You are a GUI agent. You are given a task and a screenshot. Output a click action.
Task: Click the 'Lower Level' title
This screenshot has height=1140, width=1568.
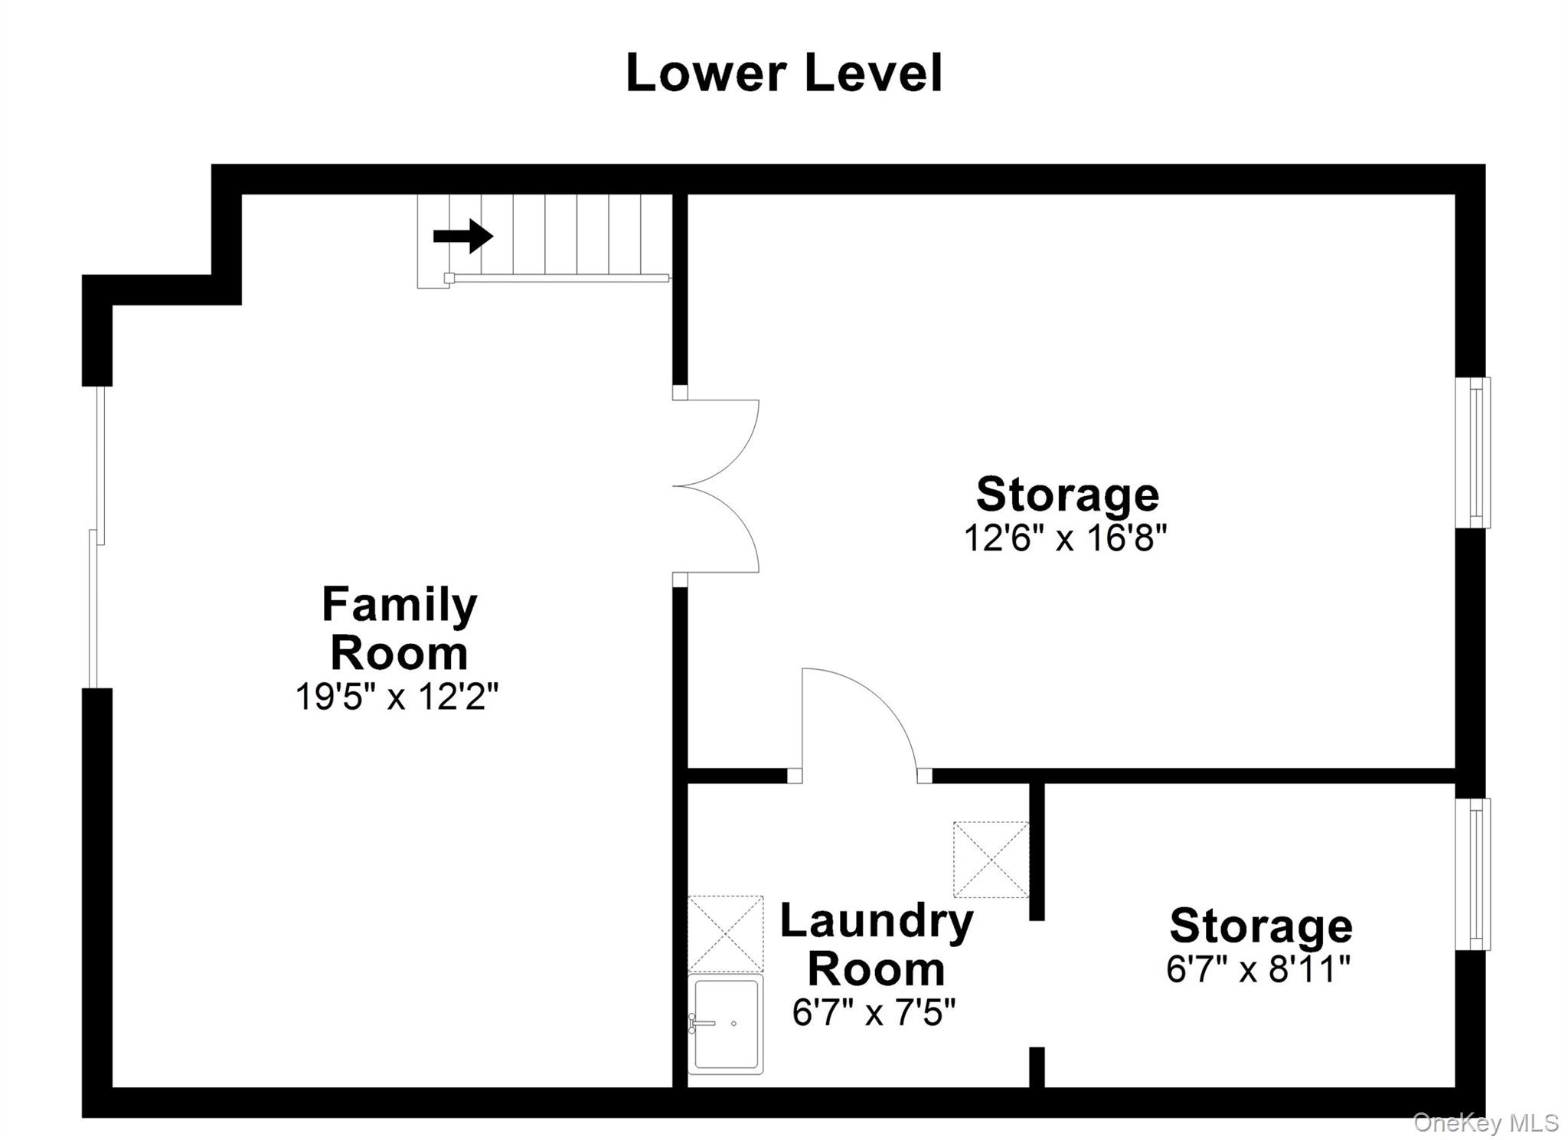coord(784,73)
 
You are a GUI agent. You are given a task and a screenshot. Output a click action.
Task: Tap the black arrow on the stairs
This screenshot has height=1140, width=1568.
coord(463,236)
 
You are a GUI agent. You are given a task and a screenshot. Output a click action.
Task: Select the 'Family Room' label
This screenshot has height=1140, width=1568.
coord(399,628)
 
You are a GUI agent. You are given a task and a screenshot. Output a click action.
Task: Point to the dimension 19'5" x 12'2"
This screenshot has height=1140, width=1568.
coord(397,697)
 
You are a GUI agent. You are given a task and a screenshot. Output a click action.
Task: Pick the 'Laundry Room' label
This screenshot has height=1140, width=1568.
coord(877,945)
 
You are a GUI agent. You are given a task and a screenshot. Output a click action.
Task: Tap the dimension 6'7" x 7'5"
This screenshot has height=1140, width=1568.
coord(874,1013)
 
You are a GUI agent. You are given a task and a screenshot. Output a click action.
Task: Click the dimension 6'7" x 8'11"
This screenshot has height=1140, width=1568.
coord(1258,969)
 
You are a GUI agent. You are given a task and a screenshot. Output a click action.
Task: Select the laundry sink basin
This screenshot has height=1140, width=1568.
coord(726,1024)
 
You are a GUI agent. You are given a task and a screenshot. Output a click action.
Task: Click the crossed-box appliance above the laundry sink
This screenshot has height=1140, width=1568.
coord(726,933)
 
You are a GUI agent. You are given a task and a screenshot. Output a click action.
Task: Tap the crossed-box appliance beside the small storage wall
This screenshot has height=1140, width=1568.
coord(991,859)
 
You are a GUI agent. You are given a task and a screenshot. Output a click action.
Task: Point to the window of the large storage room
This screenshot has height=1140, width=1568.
coord(1472,452)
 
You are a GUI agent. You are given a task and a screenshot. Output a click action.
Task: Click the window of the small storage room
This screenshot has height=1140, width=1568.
coord(1472,874)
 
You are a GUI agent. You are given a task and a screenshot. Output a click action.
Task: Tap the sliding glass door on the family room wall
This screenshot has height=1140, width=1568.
coord(96,537)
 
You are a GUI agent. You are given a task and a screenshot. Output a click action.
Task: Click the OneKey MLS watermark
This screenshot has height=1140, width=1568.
coord(1486,1122)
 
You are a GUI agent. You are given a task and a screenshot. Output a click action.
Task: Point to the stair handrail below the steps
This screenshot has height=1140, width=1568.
coord(560,278)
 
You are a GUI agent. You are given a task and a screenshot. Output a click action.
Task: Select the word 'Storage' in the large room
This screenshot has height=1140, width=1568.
coord(1067,495)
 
